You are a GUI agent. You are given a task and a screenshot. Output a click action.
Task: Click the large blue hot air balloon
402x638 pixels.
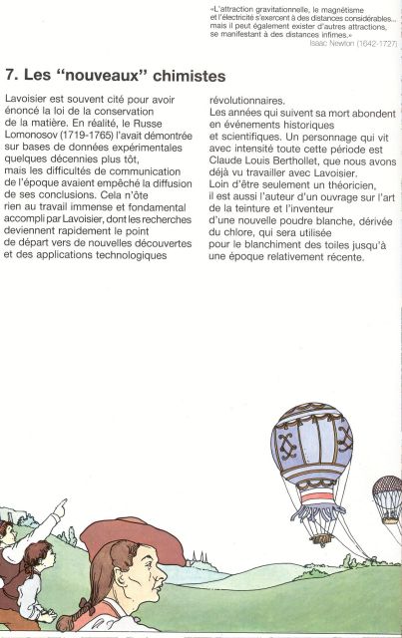click(x=311, y=444)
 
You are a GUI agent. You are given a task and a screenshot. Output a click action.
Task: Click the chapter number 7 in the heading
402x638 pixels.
click(x=10, y=76)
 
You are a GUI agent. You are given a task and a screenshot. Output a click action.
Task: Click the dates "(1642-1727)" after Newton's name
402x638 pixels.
click(x=377, y=44)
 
